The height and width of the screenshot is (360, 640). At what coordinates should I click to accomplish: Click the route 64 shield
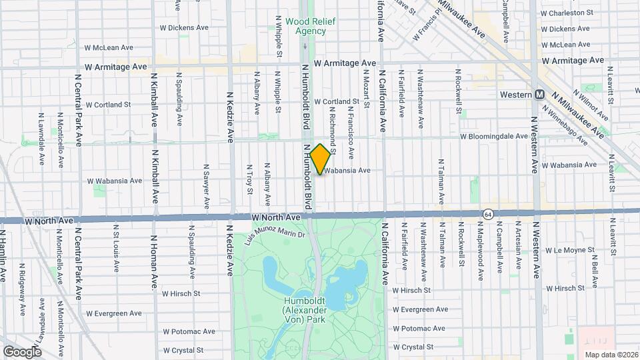[489, 213]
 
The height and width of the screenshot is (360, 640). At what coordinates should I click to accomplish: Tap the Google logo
[22, 352]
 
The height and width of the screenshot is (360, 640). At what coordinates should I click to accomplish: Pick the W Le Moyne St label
[569, 251]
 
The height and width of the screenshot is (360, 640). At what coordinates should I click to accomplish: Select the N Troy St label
[250, 179]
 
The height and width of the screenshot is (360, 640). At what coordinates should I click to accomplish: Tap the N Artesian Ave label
[518, 253]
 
